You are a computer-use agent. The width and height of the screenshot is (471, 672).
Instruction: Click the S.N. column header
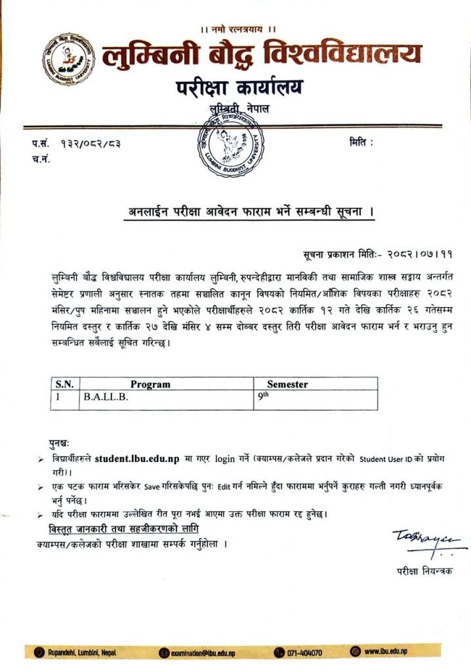click(64, 384)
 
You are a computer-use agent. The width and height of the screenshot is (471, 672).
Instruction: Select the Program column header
click(150, 384)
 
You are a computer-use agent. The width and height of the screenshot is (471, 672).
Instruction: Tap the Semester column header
click(287, 384)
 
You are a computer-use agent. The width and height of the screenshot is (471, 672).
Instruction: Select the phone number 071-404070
click(304, 652)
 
